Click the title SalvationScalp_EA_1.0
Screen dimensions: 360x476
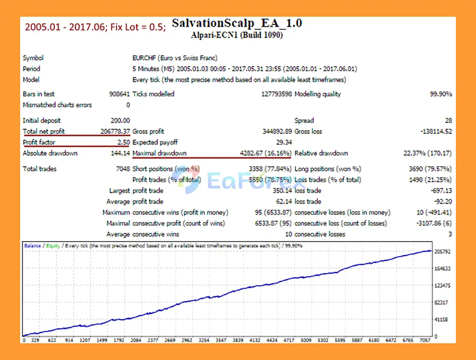pyautogui.click(x=237, y=23)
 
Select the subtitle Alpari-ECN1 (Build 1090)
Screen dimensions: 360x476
pyautogui.click(x=237, y=35)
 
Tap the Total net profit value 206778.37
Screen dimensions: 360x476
pyautogui.click(x=115, y=132)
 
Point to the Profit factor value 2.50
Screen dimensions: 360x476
pyautogui.click(x=124, y=142)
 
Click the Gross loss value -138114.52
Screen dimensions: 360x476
pyautogui.click(x=436, y=132)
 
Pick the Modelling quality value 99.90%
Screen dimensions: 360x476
pyautogui.click(x=441, y=94)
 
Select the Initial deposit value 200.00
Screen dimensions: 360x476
pyautogui.click(x=120, y=121)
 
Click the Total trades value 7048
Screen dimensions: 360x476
pyautogui.click(x=123, y=169)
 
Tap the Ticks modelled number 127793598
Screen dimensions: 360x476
pyautogui.click(x=277, y=94)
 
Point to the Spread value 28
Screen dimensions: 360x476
pyautogui.click(x=448, y=121)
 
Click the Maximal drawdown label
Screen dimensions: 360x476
pyautogui.click(x=160, y=153)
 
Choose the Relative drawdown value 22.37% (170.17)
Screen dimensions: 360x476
pyautogui.click(x=428, y=153)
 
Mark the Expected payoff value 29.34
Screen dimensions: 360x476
pyautogui.click(x=284, y=142)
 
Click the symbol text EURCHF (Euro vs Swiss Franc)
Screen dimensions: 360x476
pyautogui.click(x=175, y=58)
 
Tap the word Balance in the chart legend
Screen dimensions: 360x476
pyautogui.click(x=32, y=246)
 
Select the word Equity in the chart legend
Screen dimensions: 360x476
pyautogui.click(x=53, y=246)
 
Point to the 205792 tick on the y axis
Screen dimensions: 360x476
pyautogui.click(x=443, y=252)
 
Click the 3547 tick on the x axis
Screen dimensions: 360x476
pyautogui.click(x=221, y=340)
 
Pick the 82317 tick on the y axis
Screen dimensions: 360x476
pyautogui.click(x=441, y=303)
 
